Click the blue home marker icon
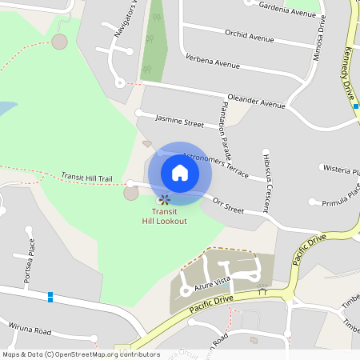pyautogui.click(x=180, y=172)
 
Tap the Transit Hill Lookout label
pyautogui.click(x=164, y=216)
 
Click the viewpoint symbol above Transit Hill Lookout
pyautogui.click(x=164, y=199)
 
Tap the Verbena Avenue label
pyautogui.click(x=212, y=62)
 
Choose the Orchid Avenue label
pyautogui.click(x=250, y=37)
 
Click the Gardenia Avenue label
pyautogui.click(x=288, y=11)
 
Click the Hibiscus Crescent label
pyautogui.click(x=266, y=179)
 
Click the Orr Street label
pyautogui.click(x=228, y=206)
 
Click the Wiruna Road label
pyautogui.click(x=30, y=330)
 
